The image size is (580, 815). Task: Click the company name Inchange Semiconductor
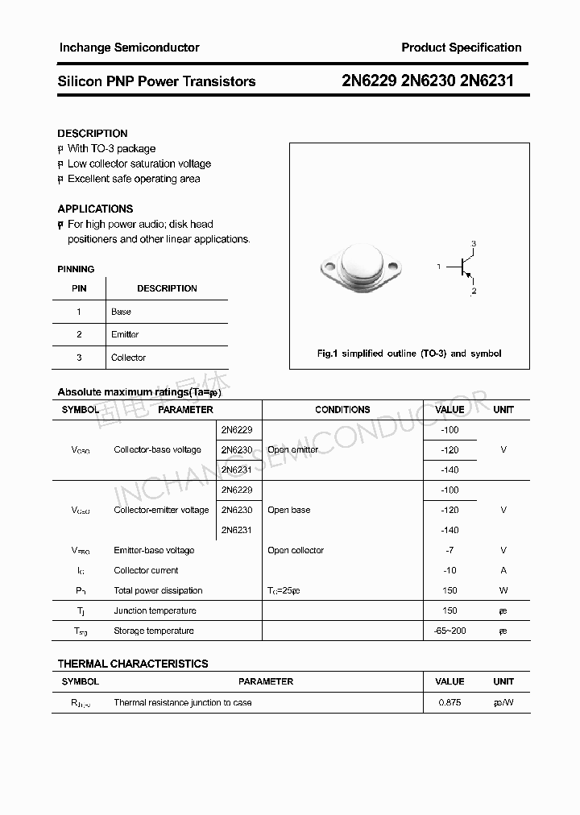129,48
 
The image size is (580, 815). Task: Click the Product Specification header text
461,48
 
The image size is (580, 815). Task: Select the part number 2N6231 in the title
487,81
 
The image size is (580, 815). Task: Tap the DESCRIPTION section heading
93,133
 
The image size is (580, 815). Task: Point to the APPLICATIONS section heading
95,209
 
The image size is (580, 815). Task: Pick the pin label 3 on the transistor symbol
474,243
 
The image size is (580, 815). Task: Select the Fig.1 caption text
409,354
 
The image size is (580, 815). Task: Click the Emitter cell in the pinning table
125,334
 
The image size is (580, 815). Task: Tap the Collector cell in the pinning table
128,358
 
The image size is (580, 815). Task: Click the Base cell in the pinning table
121,312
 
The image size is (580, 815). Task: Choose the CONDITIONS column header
342,410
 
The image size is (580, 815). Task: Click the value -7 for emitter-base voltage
449,550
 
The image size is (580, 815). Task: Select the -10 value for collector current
449,570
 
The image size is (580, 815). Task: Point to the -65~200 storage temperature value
449,631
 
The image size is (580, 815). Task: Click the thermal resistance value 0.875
449,702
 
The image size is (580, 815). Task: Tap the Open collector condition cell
296,550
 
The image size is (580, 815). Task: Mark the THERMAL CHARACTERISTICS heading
133,664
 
